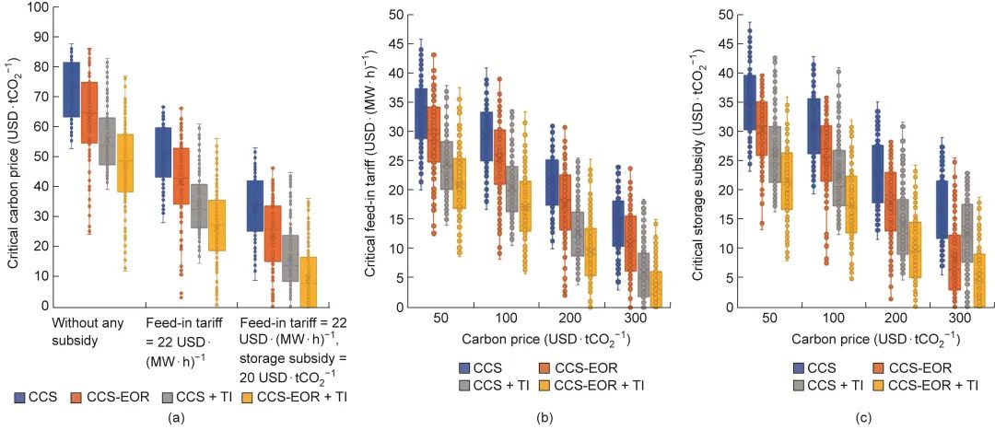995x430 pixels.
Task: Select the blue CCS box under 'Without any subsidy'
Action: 70,90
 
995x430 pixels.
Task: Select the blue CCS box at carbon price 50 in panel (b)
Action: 421,114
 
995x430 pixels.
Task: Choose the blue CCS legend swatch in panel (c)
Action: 801,367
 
